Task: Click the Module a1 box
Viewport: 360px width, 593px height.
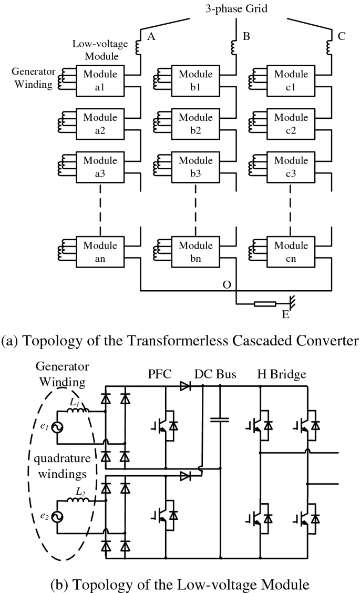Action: tap(100, 80)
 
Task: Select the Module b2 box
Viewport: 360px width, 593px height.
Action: tap(196, 124)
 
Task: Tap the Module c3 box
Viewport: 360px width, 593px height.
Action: tap(291, 167)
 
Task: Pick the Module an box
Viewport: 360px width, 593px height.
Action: tap(100, 252)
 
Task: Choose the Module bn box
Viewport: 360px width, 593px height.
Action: tap(196, 252)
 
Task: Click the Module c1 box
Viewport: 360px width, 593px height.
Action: tap(291, 80)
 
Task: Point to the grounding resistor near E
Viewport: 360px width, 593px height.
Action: tap(265, 304)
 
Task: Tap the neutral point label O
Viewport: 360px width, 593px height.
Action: tap(227, 284)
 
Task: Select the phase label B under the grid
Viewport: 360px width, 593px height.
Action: tap(246, 36)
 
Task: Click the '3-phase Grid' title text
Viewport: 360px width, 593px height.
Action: tap(236, 8)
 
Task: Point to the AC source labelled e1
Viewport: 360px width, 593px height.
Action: tap(57, 427)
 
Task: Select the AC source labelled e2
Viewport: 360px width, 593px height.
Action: tap(57, 517)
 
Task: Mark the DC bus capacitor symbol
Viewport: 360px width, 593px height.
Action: tap(220, 420)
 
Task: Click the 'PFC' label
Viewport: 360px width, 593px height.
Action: tap(160, 374)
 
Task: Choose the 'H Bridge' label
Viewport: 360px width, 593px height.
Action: tap(281, 374)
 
